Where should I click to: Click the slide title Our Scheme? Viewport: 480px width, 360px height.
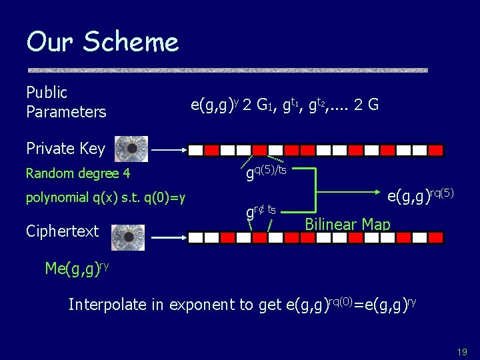tap(103, 42)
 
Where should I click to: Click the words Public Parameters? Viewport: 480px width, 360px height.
tap(66, 102)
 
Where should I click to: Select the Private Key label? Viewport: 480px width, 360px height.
tap(65, 148)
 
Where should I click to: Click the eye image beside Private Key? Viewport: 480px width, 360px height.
tap(131, 149)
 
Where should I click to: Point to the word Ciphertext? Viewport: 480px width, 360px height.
tap(62, 231)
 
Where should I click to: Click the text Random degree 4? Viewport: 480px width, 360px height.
tap(77, 174)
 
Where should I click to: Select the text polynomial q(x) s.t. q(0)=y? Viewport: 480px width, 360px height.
tap(105, 197)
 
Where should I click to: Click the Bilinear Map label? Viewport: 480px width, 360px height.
tap(347, 223)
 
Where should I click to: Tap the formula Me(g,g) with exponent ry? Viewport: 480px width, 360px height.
tap(77, 268)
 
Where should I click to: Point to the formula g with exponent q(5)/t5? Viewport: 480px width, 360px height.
tap(266, 173)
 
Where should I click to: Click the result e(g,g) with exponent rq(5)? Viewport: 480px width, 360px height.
tap(421, 196)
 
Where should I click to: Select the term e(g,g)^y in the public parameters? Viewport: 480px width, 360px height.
tap(215, 104)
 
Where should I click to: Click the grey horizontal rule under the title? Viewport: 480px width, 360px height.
tap(227, 70)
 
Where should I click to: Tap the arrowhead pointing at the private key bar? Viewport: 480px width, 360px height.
tap(183, 150)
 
